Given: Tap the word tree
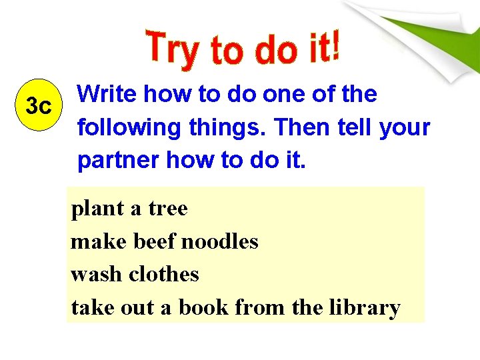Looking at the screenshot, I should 167,209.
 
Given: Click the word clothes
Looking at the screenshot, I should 164,274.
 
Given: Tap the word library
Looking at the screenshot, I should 369,308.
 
